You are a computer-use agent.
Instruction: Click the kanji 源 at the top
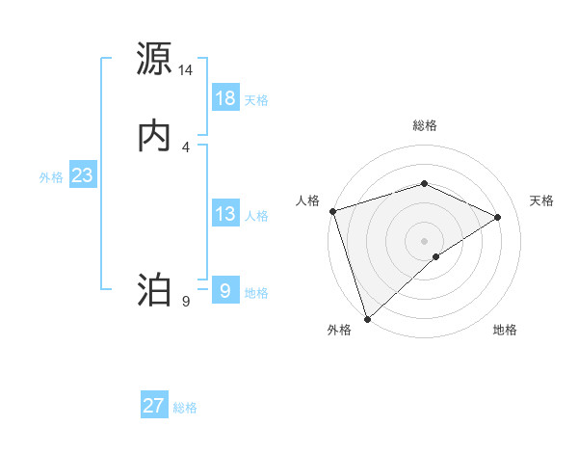pyautogui.click(x=154, y=59)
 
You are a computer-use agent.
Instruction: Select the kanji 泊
pyautogui.click(x=154, y=290)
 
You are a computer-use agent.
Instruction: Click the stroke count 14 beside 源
pyautogui.click(x=186, y=70)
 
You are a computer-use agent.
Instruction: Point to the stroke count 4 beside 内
pyautogui.click(x=186, y=147)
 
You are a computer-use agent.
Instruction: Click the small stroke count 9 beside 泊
pyautogui.click(x=186, y=302)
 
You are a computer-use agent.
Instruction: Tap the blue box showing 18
pyautogui.click(x=225, y=98)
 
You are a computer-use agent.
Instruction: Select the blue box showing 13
pyautogui.click(x=225, y=214)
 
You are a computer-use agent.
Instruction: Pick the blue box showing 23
pyautogui.click(x=83, y=175)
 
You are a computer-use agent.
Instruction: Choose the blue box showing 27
pyautogui.click(x=154, y=406)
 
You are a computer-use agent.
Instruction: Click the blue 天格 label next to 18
pyautogui.click(x=256, y=100)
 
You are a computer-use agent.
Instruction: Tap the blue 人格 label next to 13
pyautogui.click(x=256, y=216)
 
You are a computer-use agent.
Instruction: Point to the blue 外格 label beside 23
pyautogui.click(x=51, y=177)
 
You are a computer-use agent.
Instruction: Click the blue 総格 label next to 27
pyautogui.click(x=185, y=408)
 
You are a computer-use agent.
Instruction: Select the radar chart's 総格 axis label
pyautogui.click(x=424, y=125)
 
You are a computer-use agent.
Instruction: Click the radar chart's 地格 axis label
pyautogui.click(x=505, y=330)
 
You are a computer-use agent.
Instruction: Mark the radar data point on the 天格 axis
pyautogui.click(x=498, y=217)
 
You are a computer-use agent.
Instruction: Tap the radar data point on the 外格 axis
pyautogui.click(x=367, y=318)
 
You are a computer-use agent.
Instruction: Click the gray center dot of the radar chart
pyautogui.click(x=424, y=240)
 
